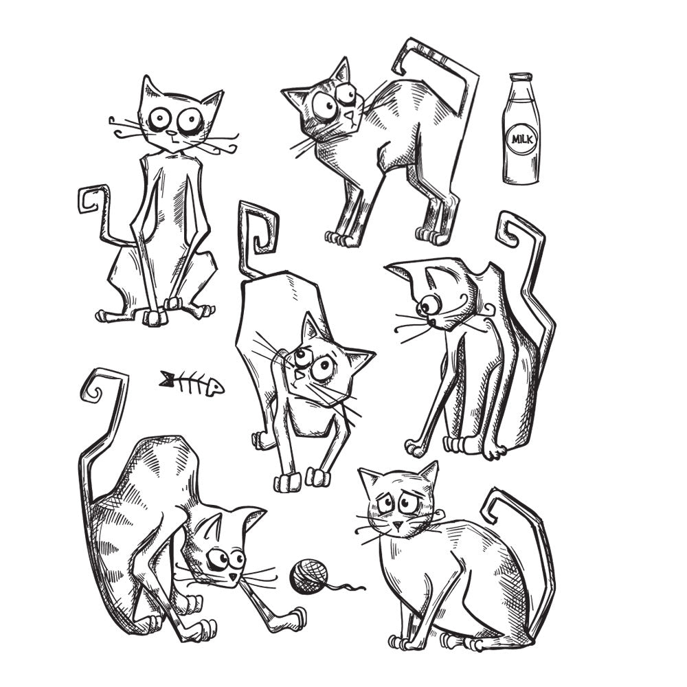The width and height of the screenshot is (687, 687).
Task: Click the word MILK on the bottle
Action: point(522,139)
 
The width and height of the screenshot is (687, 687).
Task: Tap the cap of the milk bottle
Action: point(521,78)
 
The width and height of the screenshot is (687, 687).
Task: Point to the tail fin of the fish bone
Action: point(166,379)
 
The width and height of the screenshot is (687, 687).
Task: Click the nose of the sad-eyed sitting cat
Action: point(397,525)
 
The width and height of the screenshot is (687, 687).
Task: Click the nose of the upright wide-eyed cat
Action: point(172,133)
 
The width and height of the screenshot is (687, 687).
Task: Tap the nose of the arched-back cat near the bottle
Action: point(348,115)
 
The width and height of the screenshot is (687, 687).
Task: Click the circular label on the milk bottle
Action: point(522,139)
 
